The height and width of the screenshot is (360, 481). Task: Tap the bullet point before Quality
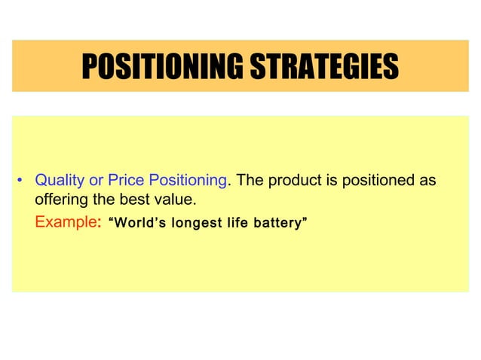pos(20,181)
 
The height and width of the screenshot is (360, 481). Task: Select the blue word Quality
pos(59,181)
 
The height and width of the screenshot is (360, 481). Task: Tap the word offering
pos(62,202)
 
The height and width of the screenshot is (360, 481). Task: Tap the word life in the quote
pos(239,224)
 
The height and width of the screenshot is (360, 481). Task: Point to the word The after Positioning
pos(249,181)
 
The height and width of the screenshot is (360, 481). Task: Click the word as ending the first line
pos(427,181)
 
